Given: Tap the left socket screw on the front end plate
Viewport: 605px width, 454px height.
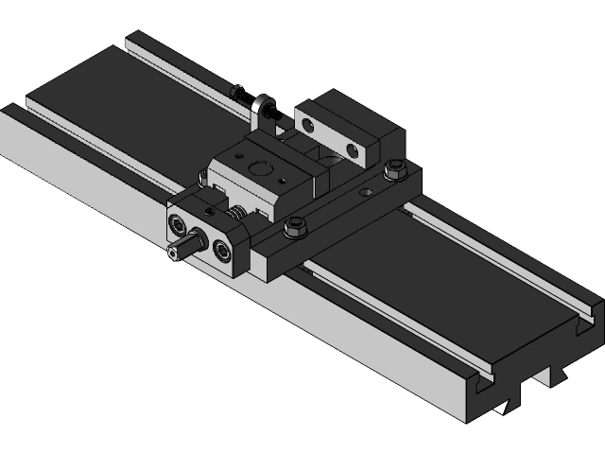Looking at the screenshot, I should pyautogui.click(x=179, y=224).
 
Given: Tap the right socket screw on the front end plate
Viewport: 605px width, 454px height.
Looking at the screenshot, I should pyautogui.click(x=223, y=249).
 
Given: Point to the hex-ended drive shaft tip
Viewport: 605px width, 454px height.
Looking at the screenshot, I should pyautogui.click(x=173, y=253).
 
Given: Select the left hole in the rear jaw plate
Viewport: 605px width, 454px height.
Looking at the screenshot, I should pyautogui.click(x=307, y=121).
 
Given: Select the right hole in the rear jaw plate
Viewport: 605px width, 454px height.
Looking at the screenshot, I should pyautogui.click(x=352, y=149).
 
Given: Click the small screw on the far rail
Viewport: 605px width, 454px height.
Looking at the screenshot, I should pyautogui.click(x=237, y=91).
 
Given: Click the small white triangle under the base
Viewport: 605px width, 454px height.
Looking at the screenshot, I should pyautogui.click(x=501, y=409).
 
